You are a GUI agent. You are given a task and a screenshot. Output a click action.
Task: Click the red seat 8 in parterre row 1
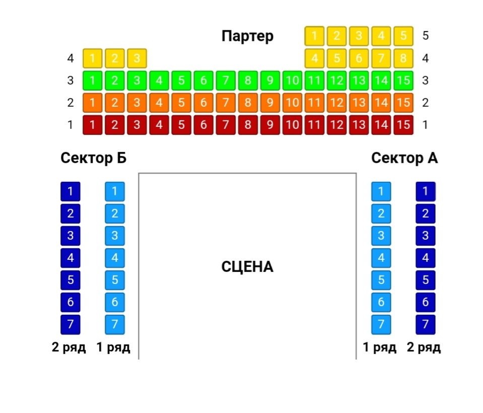click(x=248, y=125)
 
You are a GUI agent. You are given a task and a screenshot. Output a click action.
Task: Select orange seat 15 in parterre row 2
click(x=403, y=103)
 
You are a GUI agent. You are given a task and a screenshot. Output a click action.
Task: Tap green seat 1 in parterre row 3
click(x=93, y=81)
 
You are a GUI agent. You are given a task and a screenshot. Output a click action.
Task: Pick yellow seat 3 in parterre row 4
click(x=137, y=58)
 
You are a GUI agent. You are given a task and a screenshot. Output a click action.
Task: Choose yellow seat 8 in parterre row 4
click(x=403, y=58)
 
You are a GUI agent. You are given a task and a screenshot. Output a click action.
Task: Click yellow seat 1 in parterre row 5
click(x=315, y=36)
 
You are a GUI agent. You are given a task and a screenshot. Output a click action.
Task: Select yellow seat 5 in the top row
click(x=403, y=36)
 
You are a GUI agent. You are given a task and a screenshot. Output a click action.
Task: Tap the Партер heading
click(x=247, y=36)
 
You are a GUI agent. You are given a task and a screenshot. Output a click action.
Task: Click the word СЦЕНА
click(x=247, y=267)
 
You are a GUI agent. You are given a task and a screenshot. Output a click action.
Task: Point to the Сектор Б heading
click(x=93, y=158)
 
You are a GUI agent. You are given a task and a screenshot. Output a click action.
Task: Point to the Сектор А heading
click(x=404, y=158)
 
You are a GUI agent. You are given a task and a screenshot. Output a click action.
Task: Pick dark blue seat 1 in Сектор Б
click(x=71, y=191)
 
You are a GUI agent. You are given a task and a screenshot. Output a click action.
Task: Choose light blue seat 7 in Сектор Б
click(x=115, y=324)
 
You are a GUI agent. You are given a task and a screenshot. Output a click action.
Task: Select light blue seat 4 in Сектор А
click(x=381, y=258)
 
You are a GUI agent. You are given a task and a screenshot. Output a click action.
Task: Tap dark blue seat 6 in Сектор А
click(x=426, y=302)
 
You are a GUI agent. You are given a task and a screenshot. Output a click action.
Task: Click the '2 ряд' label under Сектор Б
click(x=69, y=347)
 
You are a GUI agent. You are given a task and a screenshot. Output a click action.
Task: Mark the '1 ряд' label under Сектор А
click(x=380, y=347)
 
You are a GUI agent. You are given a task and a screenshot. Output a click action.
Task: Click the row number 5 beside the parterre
click(x=426, y=36)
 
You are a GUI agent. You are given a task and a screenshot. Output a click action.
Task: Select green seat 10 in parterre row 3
click(x=292, y=81)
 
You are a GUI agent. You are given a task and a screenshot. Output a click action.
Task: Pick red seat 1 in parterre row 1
click(x=93, y=125)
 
